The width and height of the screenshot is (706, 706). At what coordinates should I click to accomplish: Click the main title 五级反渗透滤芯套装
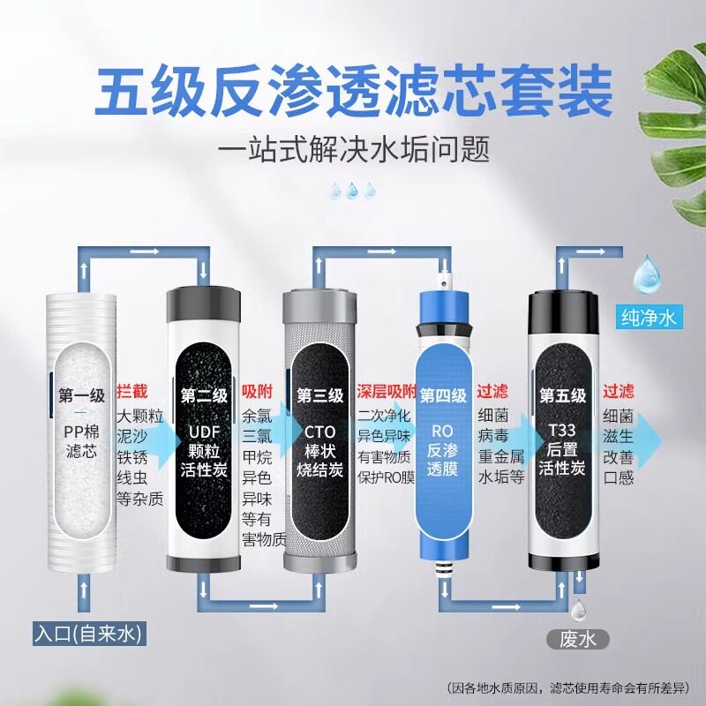[x=353, y=91]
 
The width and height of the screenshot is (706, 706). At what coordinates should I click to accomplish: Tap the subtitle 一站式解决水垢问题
[x=354, y=149]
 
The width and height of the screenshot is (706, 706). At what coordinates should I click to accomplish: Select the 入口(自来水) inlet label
[x=89, y=634]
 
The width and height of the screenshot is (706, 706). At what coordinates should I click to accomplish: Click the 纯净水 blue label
[x=649, y=317]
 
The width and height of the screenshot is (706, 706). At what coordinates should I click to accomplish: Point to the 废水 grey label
[x=578, y=639]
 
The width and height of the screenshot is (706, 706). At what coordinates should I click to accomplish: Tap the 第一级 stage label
[x=81, y=396]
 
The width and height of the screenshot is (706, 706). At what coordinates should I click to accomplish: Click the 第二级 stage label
[x=204, y=396]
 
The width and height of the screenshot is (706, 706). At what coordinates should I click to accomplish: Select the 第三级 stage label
[x=320, y=396]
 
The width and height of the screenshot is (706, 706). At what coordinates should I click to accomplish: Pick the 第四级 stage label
[x=443, y=396]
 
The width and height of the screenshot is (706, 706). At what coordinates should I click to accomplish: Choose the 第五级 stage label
[x=563, y=396]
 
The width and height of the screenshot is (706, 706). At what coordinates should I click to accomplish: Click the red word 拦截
[x=131, y=392]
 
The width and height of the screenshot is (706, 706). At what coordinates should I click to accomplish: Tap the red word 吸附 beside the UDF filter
[x=257, y=392]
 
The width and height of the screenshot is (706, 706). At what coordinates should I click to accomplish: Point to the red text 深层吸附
[x=387, y=392]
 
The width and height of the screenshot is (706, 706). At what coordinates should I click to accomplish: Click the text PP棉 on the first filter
[x=81, y=432]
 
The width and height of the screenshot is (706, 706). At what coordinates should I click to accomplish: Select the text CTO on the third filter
[x=320, y=432]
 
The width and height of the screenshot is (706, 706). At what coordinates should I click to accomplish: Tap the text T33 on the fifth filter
[x=562, y=431]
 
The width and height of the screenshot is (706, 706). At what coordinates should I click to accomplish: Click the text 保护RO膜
[x=386, y=477]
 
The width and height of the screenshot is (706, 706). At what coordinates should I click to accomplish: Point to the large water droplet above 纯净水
[x=648, y=274]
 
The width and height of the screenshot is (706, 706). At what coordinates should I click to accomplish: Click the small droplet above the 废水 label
[x=579, y=612]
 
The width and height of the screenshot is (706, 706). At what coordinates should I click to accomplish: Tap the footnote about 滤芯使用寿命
[x=568, y=687]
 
